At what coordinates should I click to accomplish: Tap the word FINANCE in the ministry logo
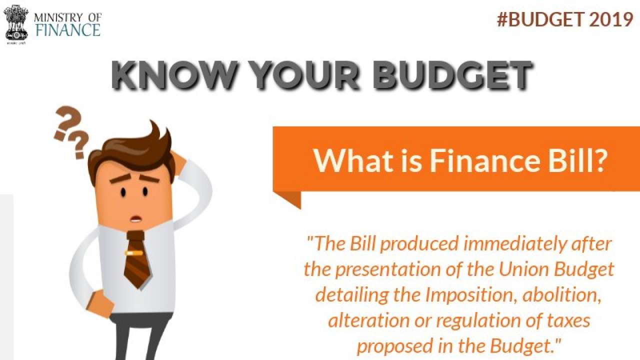pyautogui.click(x=67, y=29)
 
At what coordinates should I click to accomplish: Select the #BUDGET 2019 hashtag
pyautogui.click(x=565, y=19)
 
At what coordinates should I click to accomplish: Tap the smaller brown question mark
pyautogui.click(x=78, y=145)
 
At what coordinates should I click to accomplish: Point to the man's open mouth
pyautogui.click(x=134, y=218)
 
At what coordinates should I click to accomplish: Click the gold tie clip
pyautogui.click(x=134, y=253)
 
